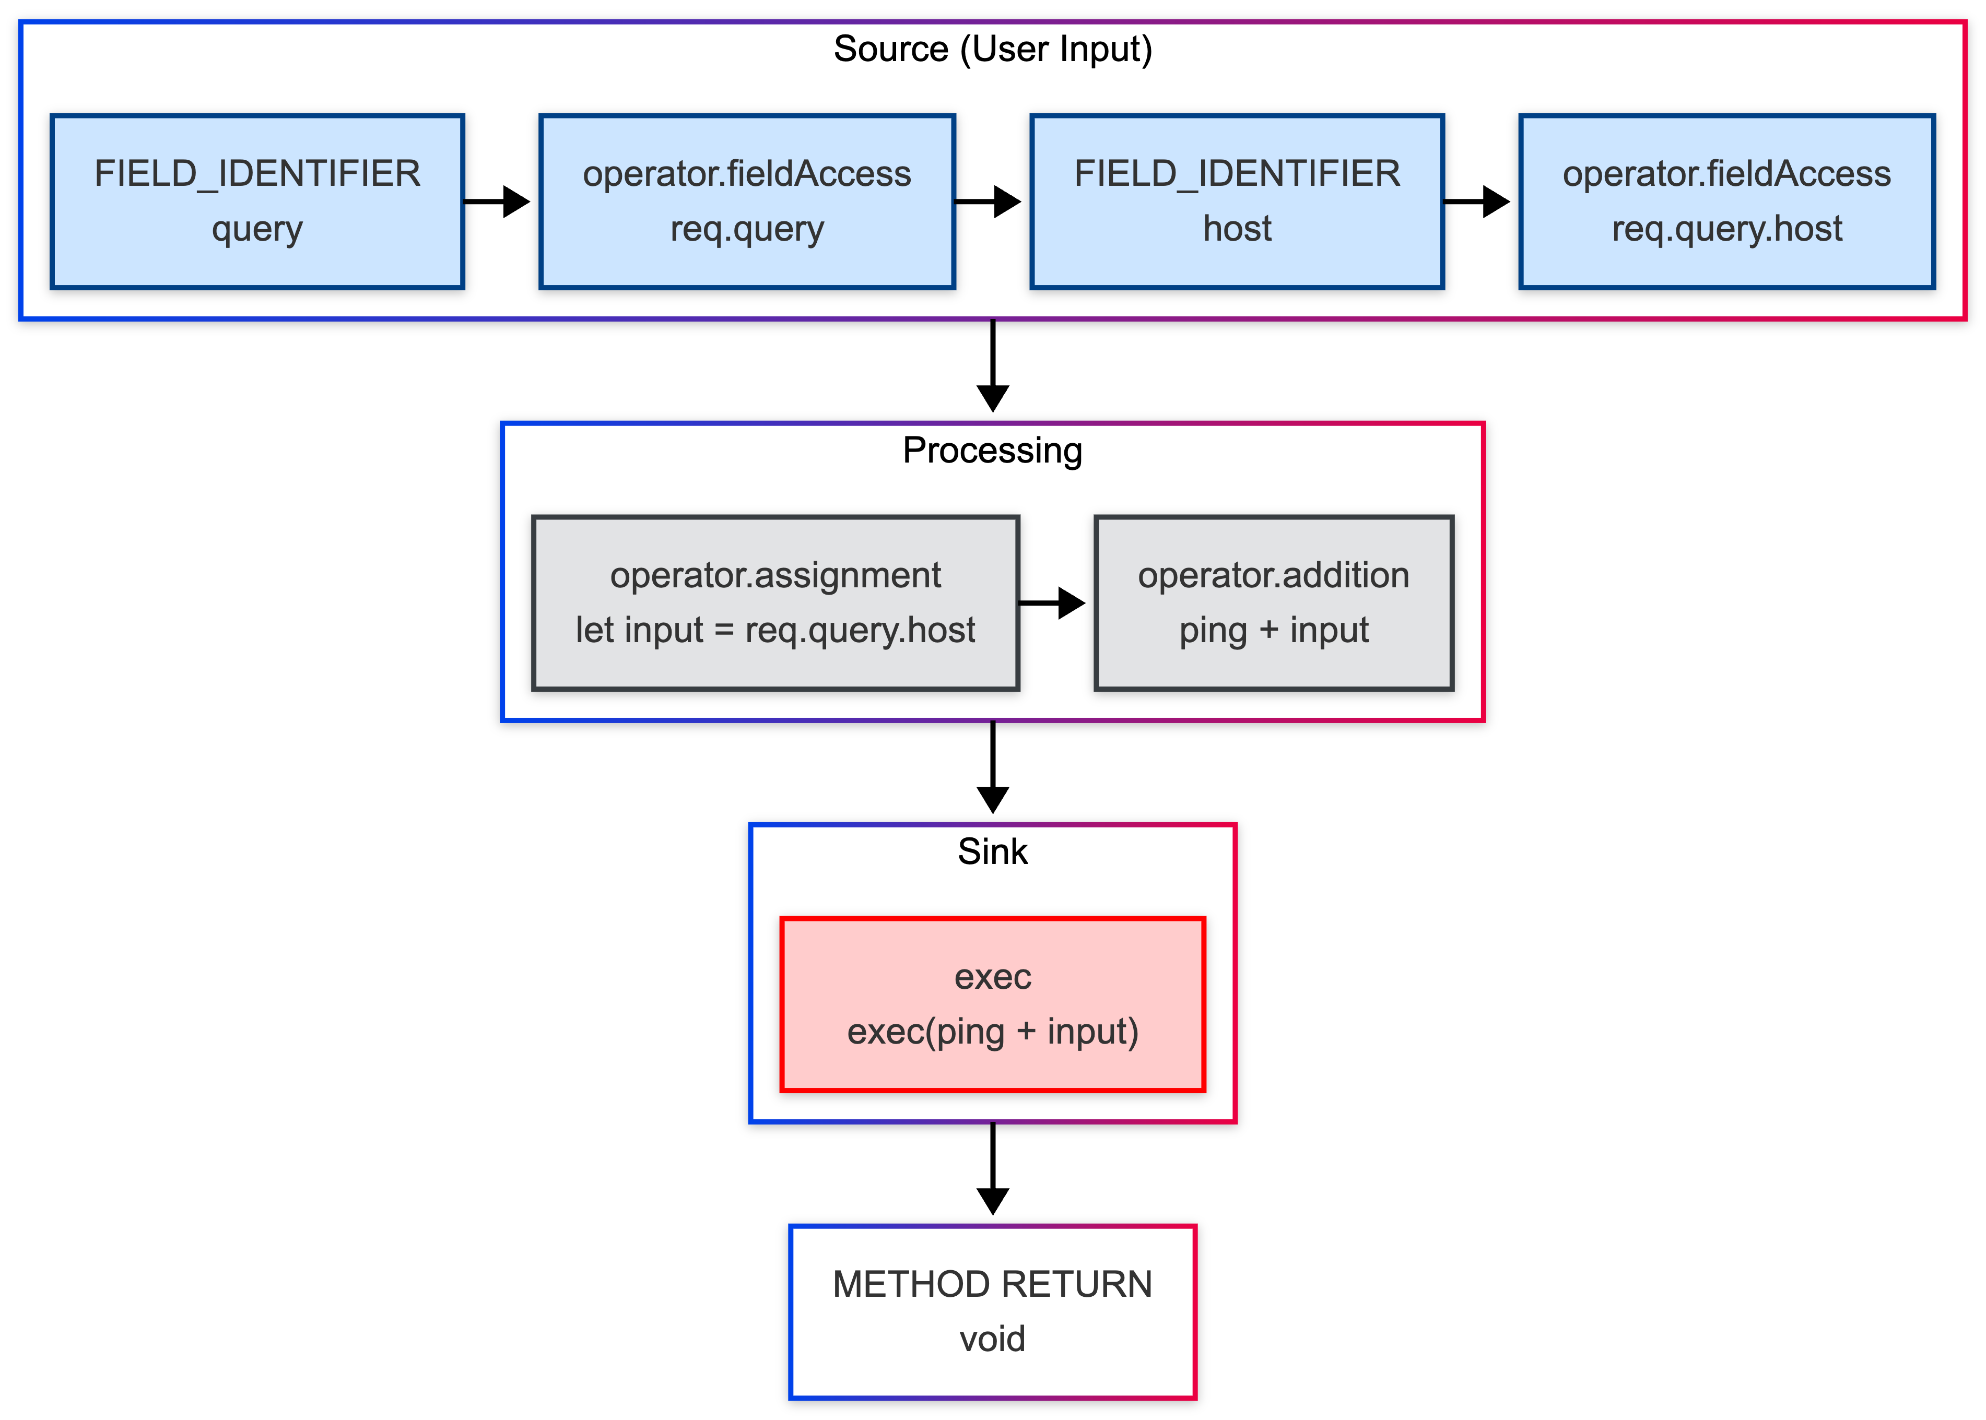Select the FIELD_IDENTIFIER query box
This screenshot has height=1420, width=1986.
[257, 201]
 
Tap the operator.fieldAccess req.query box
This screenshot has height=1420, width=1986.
[747, 201]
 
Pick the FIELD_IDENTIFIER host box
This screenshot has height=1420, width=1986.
[1237, 201]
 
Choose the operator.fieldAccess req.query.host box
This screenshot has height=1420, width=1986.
[1726, 201]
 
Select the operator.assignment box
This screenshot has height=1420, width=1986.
[775, 602]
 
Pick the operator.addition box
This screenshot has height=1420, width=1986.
[1273, 602]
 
